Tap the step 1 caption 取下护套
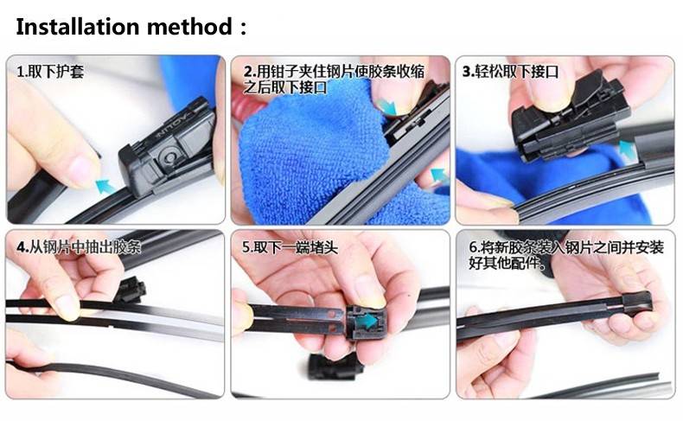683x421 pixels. pos(55,72)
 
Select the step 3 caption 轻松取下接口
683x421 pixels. pos(516,72)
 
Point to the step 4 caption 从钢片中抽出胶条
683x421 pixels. pos(85,247)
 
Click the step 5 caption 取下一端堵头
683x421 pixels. pos(296,247)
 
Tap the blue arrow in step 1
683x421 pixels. pos(105,186)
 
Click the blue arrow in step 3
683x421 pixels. pos(628,150)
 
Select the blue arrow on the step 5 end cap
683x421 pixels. pos(367,322)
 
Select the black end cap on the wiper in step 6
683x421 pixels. pos(637,303)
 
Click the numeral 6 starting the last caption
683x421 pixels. pos(473,247)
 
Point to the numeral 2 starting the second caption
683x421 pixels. pos(248,72)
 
